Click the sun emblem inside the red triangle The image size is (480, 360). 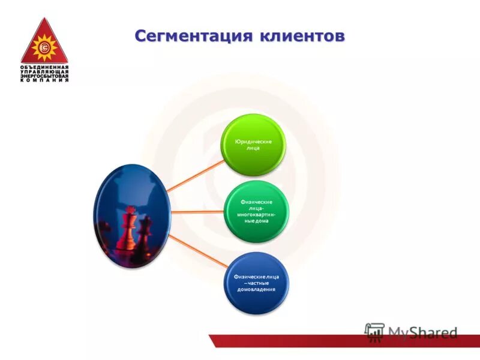[44, 47]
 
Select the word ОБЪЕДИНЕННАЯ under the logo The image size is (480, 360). [44, 66]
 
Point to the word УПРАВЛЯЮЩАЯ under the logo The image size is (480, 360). [44, 71]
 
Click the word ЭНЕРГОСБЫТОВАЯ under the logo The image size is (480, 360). [44, 76]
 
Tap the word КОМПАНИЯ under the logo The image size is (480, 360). [44, 80]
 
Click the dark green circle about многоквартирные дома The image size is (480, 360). [256, 212]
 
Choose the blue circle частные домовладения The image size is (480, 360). [256, 282]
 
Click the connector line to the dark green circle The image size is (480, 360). [198, 212]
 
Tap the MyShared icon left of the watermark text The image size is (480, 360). [374, 332]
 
